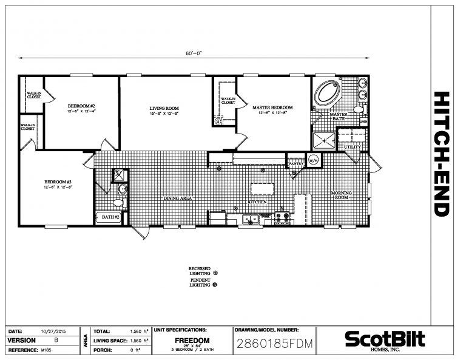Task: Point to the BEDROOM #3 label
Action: click(x=58, y=182)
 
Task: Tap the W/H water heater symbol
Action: click(x=314, y=160)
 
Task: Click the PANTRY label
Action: click(x=295, y=163)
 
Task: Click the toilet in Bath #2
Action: click(x=118, y=203)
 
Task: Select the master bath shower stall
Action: click(x=325, y=139)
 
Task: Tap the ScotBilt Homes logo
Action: click(x=385, y=339)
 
